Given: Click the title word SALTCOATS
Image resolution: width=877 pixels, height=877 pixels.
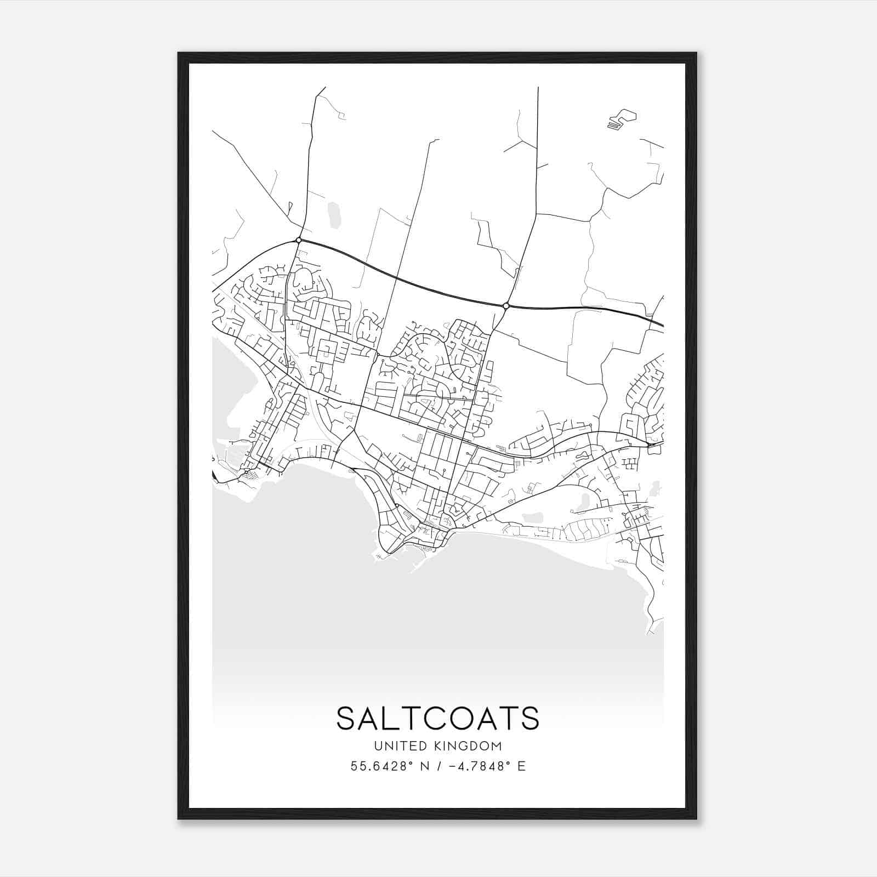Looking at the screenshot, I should click(x=438, y=718).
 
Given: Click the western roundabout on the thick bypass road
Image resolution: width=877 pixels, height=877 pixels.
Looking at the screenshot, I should click(x=298, y=240).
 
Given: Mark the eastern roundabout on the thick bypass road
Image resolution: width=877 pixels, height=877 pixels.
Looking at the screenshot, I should click(x=506, y=305).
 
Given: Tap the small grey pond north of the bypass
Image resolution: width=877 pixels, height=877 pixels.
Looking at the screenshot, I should click(x=334, y=214).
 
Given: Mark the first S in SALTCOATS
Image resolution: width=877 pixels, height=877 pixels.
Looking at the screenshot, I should click(x=346, y=718).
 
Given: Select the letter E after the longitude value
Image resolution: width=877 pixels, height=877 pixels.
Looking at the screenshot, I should click(x=521, y=766).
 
